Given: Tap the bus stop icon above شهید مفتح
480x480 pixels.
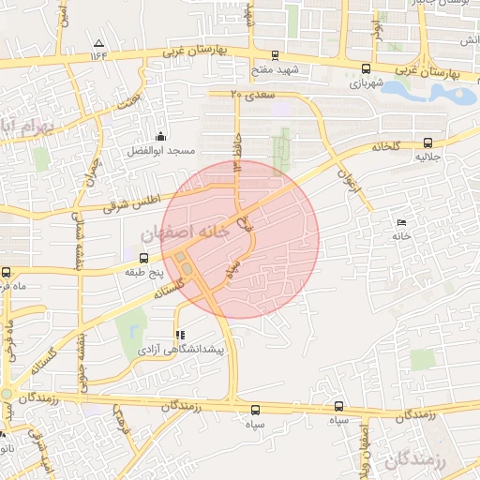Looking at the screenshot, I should [x=274, y=55].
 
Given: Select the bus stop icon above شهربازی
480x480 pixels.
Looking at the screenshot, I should [x=365, y=67].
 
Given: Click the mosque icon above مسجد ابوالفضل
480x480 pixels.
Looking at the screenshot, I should [x=160, y=136].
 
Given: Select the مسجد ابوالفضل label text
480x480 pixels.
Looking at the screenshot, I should [x=162, y=150].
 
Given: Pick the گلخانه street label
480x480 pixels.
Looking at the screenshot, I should [x=384, y=146].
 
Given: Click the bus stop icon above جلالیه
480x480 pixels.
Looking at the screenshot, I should [x=428, y=142].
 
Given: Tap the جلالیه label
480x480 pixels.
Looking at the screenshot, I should [x=429, y=157].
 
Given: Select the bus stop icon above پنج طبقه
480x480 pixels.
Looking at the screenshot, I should [x=143, y=257].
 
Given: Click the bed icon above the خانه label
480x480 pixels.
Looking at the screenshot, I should [x=402, y=222].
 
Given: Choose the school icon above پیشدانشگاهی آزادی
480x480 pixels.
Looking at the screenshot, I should [x=179, y=335].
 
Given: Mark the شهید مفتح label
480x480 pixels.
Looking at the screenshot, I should [x=274, y=70].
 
